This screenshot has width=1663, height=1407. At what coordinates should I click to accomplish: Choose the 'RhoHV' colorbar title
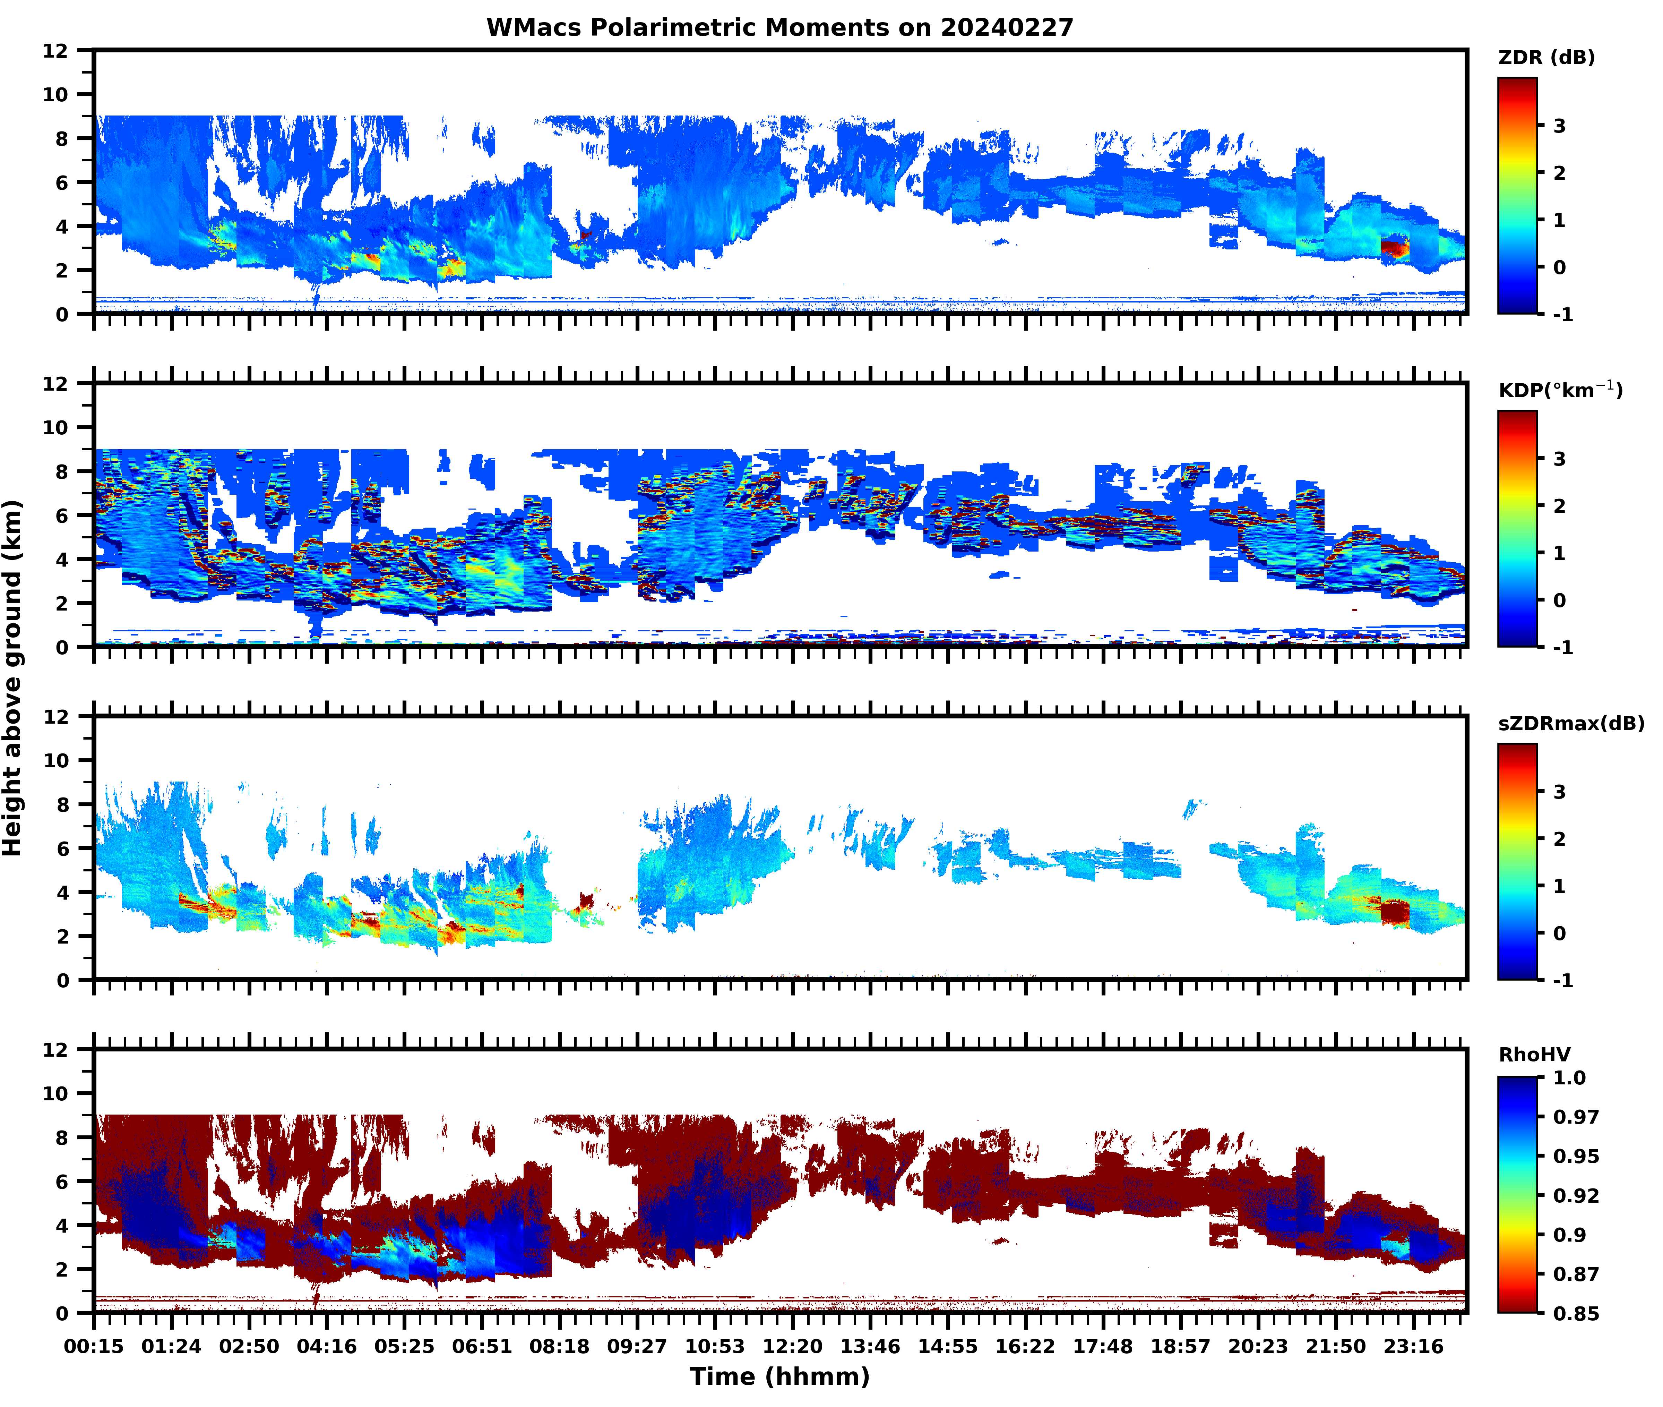coord(1534,1055)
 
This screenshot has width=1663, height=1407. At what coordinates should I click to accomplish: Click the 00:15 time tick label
coord(94,1346)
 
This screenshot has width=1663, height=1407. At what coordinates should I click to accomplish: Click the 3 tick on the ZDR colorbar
coord(1559,126)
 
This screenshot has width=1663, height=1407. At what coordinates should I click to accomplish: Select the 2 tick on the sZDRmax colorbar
coord(1559,839)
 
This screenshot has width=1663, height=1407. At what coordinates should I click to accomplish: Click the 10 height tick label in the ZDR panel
coord(56,94)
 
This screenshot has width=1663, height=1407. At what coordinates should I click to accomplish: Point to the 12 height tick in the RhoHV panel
coord(56,1050)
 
